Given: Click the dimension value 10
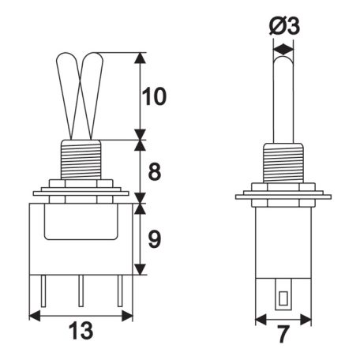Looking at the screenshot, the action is click(x=154, y=96).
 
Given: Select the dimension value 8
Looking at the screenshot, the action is click(x=155, y=171).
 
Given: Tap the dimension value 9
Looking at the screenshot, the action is click(x=155, y=239).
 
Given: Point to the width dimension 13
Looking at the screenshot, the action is click(x=81, y=331).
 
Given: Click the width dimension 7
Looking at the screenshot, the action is click(x=283, y=334).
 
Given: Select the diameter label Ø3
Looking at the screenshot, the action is click(x=284, y=26).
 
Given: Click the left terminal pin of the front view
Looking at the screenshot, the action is click(x=43, y=291).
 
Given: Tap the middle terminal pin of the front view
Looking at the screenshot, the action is click(x=81, y=291).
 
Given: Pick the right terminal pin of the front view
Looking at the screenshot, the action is click(x=120, y=291).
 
